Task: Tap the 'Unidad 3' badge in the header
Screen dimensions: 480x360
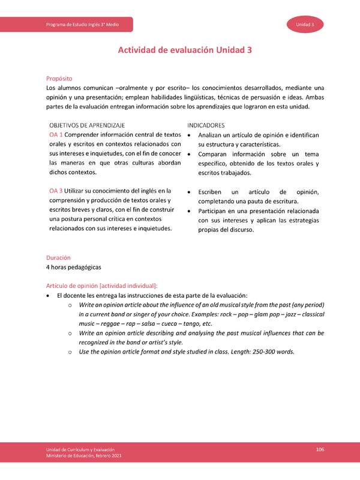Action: click(308, 24)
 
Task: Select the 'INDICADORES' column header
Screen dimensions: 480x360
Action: click(206, 125)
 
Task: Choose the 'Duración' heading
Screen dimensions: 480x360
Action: click(59, 257)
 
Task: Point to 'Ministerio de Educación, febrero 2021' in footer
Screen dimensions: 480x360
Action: click(87, 457)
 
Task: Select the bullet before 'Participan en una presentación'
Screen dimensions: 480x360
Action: click(190, 211)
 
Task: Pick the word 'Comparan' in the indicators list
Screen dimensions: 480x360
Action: click(214, 154)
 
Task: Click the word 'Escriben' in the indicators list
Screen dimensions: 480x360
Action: click(212, 191)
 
